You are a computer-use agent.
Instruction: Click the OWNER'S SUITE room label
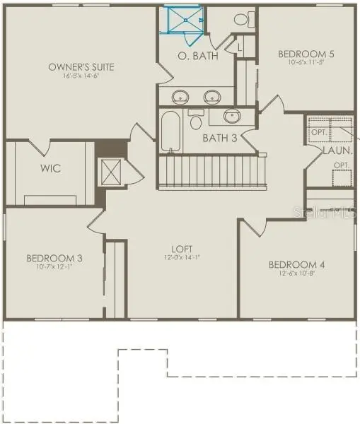81,67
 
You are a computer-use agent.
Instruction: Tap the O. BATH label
191,56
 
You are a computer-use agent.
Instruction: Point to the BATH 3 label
219,138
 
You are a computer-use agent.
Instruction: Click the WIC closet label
50,169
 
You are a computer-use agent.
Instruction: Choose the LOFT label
182,249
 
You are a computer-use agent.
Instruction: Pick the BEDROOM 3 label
54,259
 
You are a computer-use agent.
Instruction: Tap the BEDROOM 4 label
296,265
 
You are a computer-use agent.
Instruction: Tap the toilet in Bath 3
196,121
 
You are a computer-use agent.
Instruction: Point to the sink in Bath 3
232,116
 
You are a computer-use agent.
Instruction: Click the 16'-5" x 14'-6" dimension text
81,76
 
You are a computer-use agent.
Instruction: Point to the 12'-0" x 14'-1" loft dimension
182,257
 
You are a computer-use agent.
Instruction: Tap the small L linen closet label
240,47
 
